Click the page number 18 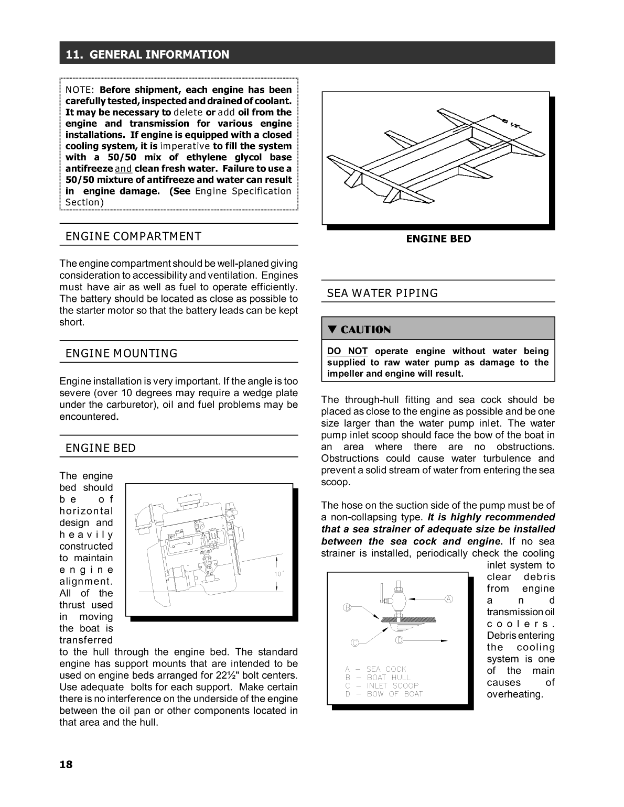66,764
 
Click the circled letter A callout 449,599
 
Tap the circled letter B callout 347,607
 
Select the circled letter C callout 354,642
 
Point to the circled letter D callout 399,640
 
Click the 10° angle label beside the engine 279,574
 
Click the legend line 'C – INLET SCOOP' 382,685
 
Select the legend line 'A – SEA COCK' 375,669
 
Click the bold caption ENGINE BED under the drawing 438,239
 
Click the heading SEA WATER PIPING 382,293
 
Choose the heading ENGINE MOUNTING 122,354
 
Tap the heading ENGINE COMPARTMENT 133,236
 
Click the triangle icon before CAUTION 332,330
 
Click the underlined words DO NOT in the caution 347,351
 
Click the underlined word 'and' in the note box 123,169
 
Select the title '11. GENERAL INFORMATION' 147,54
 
